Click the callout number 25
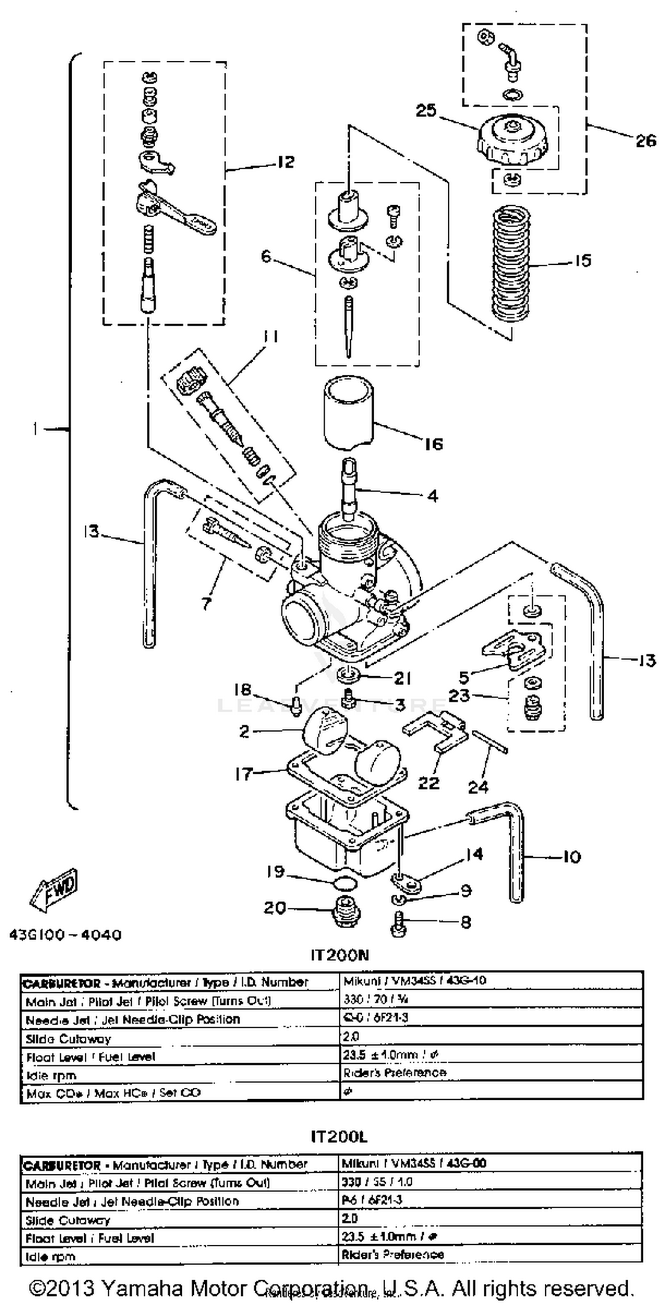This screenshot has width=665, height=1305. [426, 110]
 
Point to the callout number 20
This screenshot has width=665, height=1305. [275, 908]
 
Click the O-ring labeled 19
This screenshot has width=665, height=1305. [346, 883]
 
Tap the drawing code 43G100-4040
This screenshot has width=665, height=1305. [65, 934]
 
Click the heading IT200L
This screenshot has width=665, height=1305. [339, 1137]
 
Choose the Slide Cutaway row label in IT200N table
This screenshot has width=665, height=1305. [68, 1039]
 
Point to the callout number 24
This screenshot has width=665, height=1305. [477, 786]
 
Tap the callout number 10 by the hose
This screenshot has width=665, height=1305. [571, 856]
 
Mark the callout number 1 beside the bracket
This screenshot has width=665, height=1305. [35, 429]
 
